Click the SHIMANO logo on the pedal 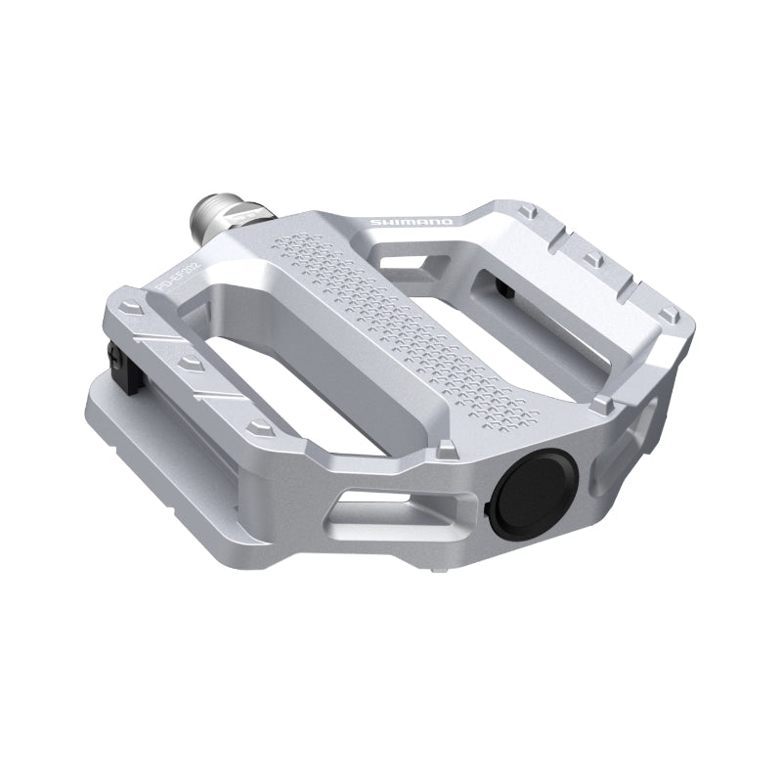[x=411, y=223]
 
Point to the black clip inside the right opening [x=505, y=285]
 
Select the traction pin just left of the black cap [x=447, y=450]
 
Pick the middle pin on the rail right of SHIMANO [x=593, y=259]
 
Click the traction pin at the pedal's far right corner [x=668, y=314]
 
